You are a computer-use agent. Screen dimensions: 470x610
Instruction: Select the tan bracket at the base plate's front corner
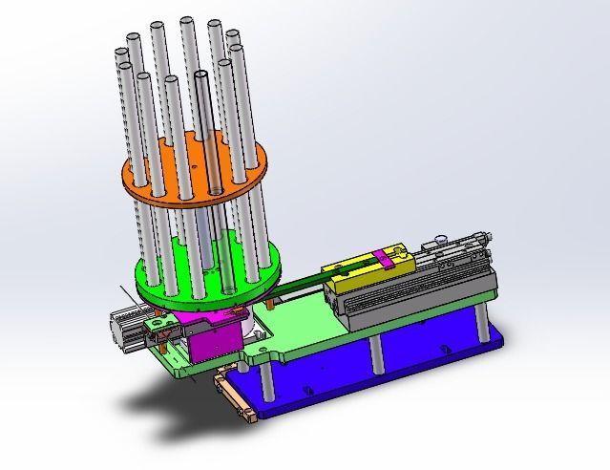click(235, 396)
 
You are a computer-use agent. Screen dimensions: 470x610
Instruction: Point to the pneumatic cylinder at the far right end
click(458, 250)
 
